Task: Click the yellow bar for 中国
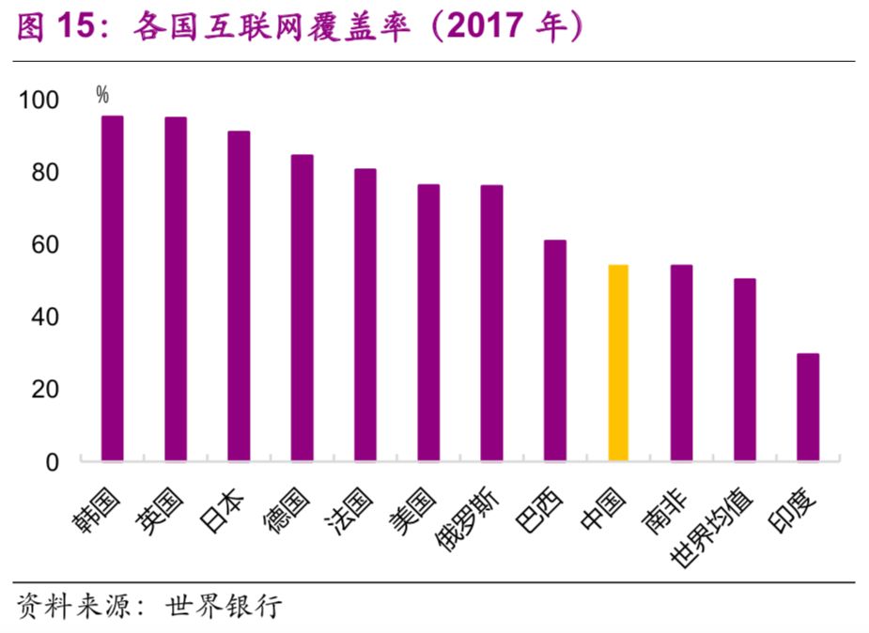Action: [617, 363]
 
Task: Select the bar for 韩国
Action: [113, 288]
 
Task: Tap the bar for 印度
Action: [808, 407]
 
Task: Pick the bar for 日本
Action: [239, 296]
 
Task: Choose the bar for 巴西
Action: [555, 350]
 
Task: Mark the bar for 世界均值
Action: [745, 369]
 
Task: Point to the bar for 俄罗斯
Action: [491, 322]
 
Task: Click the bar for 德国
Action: [302, 307]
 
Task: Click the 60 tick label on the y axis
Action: [45, 245]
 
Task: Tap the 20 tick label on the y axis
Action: [45, 389]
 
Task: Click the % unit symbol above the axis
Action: [101, 94]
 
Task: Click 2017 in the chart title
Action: [482, 28]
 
